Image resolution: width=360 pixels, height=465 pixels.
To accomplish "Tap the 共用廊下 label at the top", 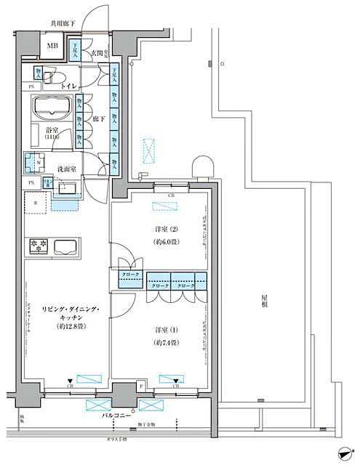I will [x=63, y=24].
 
